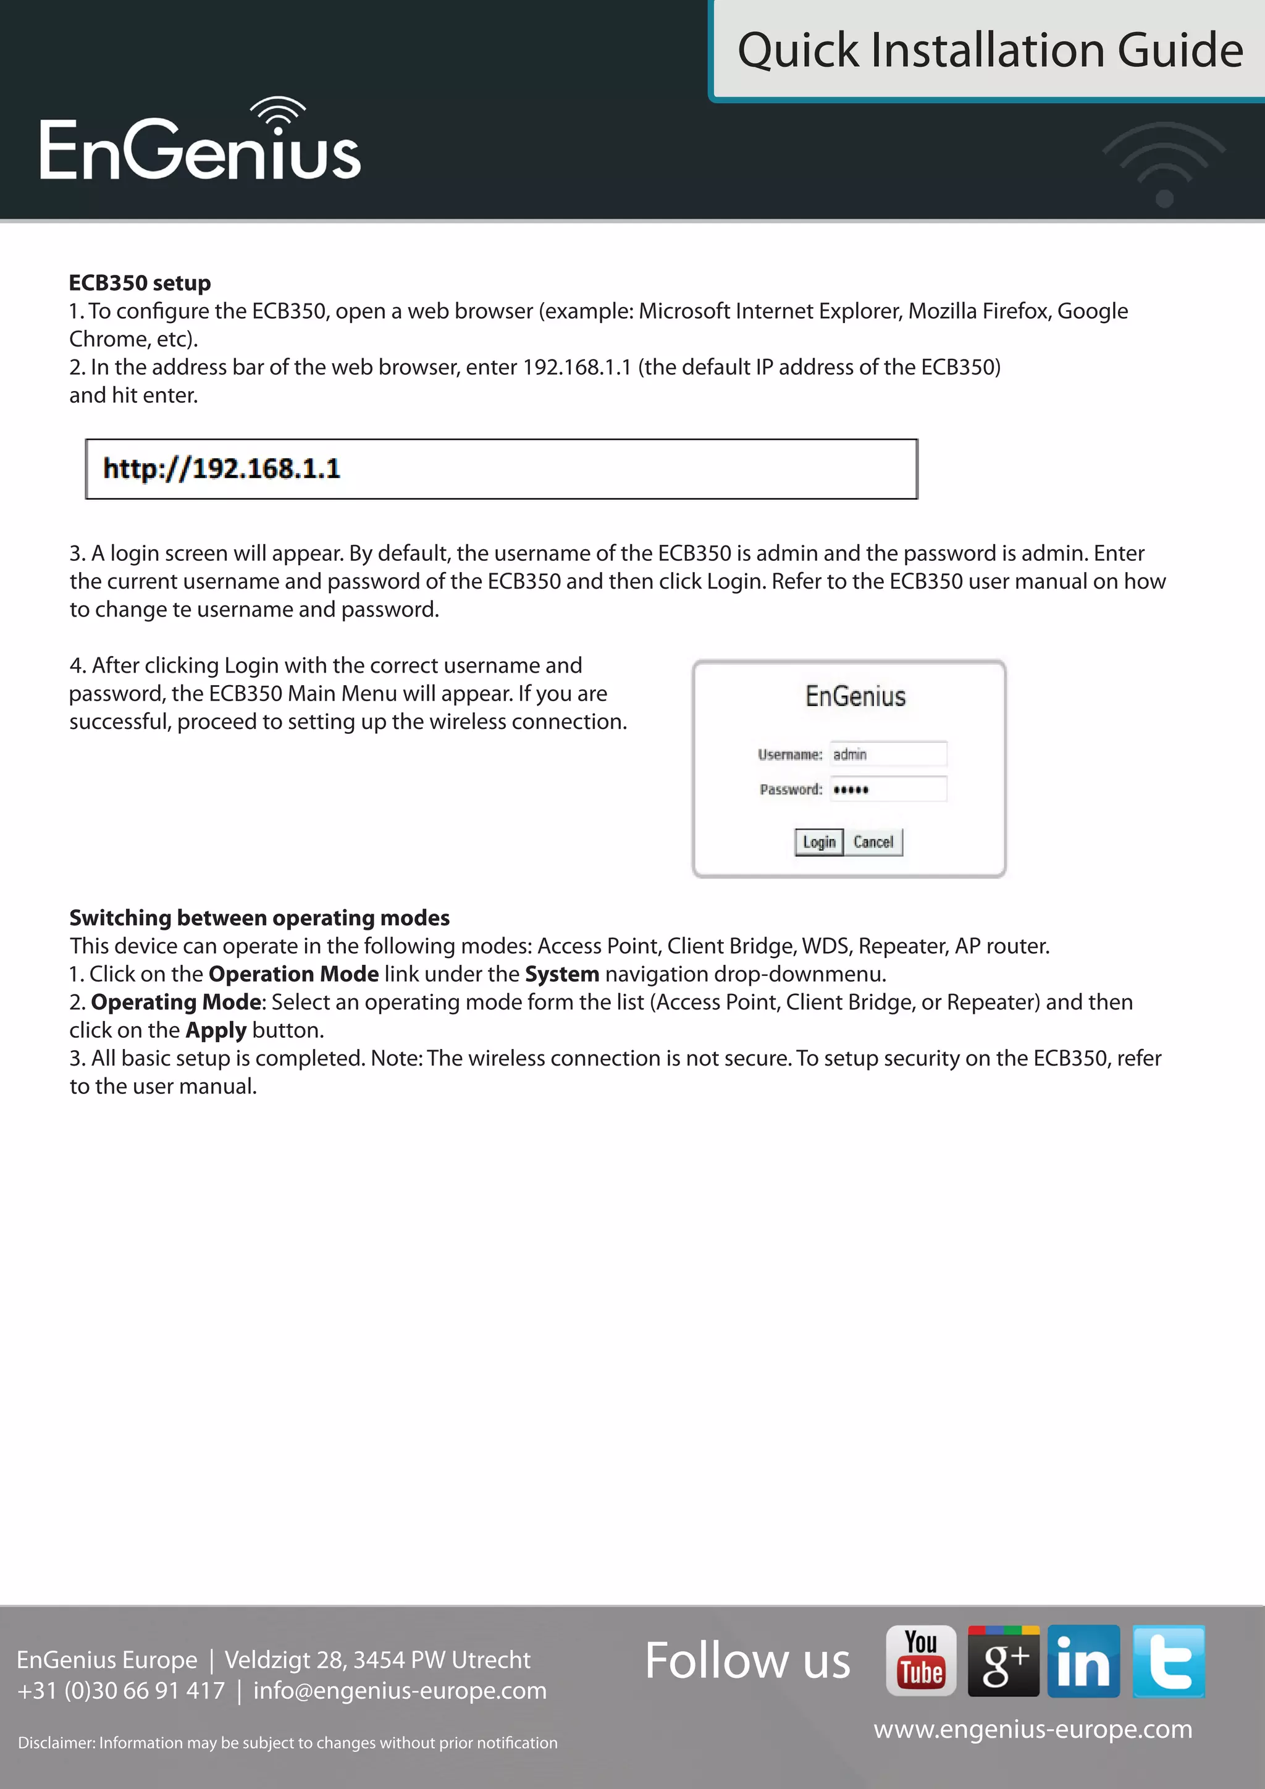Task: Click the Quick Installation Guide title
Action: coord(990,50)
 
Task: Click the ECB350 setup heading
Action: coord(140,283)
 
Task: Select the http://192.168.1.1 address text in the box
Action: coord(221,468)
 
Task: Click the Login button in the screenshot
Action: coord(818,841)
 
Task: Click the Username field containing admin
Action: coord(888,754)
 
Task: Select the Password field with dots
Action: coord(888,789)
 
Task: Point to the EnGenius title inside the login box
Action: coord(855,696)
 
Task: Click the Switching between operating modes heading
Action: coord(259,918)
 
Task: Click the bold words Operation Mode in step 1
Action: coord(293,974)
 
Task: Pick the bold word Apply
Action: coord(216,1030)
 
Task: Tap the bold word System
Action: coord(561,974)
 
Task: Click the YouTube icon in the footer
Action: coord(921,1661)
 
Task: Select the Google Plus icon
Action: coord(1003,1661)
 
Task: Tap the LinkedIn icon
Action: coord(1083,1661)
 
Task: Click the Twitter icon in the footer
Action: coord(1169,1661)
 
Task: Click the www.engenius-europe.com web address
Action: coord(1033,1729)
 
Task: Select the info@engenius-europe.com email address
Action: coord(400,1691)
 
